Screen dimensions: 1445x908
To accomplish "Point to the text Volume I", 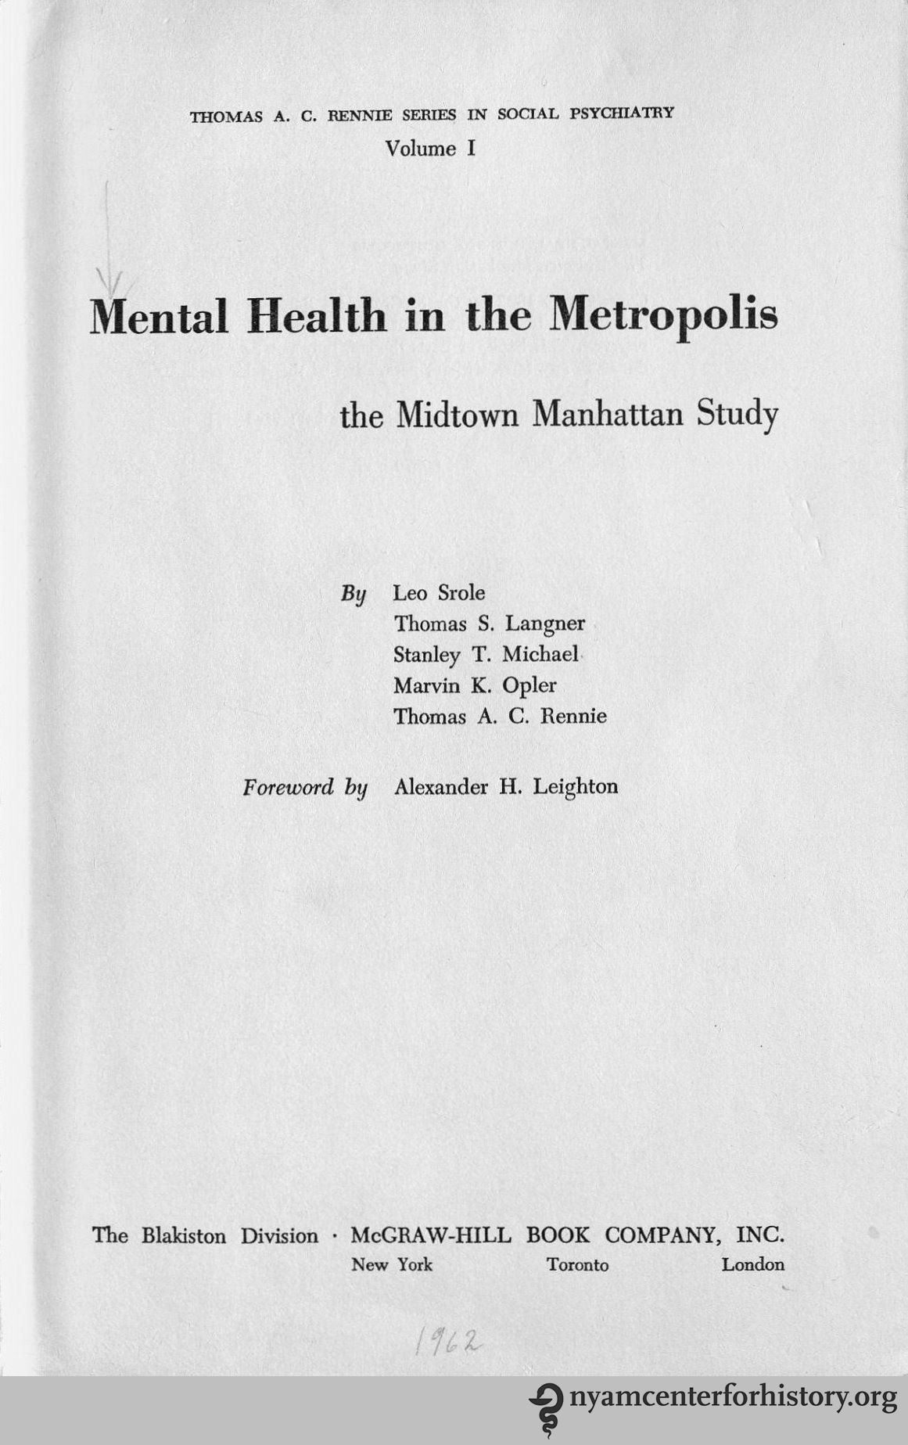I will click(431, 149).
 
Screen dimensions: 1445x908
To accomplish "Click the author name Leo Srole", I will click(439, 592).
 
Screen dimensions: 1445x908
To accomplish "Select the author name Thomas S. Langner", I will click(490, 624).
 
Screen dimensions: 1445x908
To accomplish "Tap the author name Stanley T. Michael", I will click(486, 654).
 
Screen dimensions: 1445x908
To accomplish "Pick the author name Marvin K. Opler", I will click(475, 685).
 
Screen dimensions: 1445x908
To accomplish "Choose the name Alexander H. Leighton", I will click(506, 786).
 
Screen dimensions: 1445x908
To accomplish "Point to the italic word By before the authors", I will click(354, 593).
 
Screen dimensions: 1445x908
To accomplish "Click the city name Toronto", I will click(577, 1265).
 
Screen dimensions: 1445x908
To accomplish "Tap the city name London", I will click(752, 1264).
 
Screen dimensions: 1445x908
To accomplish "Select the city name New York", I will click(391, 1265).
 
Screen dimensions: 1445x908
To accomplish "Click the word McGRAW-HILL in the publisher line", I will click(431, 1235).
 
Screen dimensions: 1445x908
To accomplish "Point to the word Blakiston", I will click(184, 1236).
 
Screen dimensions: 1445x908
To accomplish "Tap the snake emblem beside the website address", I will click(545, 1408).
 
